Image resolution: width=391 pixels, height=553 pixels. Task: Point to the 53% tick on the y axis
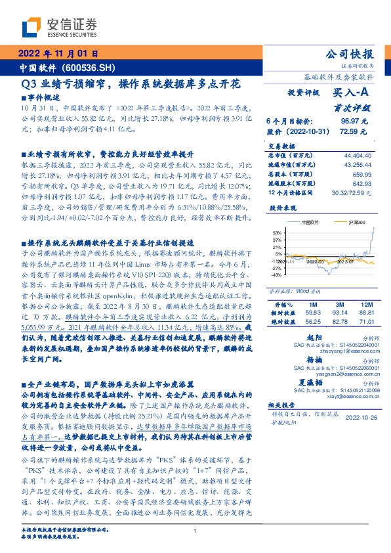point(277,232)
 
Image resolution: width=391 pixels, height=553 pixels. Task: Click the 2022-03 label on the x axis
point(314,261)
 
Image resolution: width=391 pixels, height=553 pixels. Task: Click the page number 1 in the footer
point(195,531)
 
